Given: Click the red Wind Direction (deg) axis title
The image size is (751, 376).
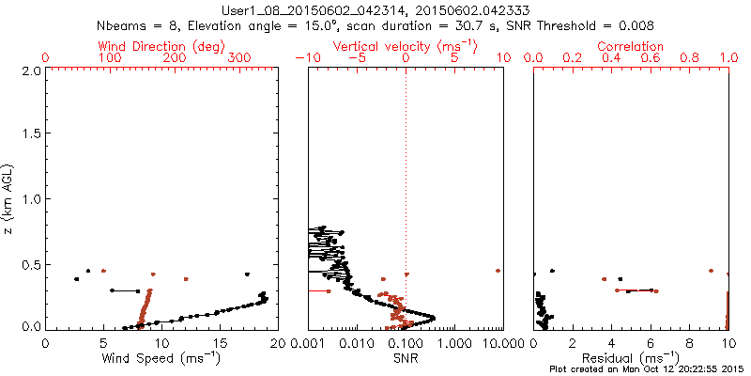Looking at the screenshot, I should [162, 46].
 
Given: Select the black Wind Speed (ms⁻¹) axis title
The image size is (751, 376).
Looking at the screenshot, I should [161, 358].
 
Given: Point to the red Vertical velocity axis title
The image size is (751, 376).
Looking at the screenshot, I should [406, 46].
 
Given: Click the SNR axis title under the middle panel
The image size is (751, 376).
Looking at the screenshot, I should [406, 358].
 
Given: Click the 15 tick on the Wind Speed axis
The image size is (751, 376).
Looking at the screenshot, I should [220, 343].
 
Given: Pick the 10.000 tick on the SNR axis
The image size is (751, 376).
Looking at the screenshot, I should [496, 343].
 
